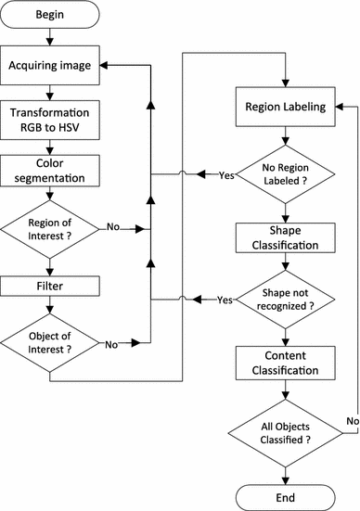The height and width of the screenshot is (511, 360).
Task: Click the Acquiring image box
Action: pyautogui.click(x=50, y=68)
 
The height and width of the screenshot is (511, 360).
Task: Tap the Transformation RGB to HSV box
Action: pyautogui.click(x=50, y=123)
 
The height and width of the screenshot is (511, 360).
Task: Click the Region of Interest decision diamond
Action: pyautogui.click(x=50, y=226)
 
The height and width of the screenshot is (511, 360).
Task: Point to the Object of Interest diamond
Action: pyautogui.click(x=50, y=342)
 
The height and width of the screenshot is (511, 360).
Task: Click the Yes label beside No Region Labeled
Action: pyautogui.click(x=225, y=173)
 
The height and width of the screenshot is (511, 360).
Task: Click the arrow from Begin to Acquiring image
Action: pyautogui.click(x=50, y=39)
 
